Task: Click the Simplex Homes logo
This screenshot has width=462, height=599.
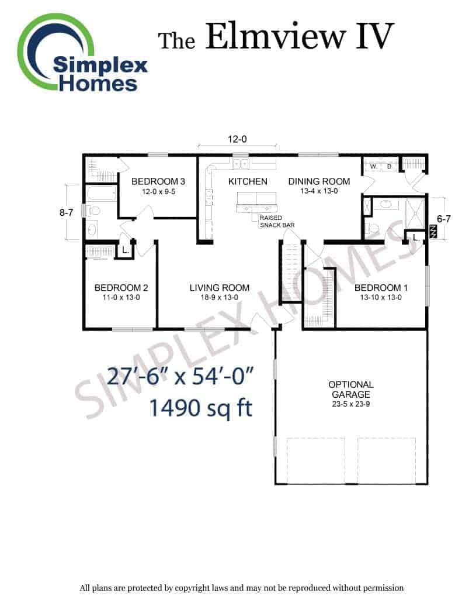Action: (x=82, y=53)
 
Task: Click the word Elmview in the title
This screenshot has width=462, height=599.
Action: (x=275, y=36)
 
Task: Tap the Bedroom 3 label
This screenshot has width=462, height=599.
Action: (x=158, y=181)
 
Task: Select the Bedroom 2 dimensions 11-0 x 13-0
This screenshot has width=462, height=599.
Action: (x=121, y=297)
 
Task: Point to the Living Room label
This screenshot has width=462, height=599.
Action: (x=220, y=288)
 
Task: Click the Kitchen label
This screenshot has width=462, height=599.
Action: (x=248, y=181)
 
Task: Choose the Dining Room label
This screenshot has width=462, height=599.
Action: (x=319, y=181)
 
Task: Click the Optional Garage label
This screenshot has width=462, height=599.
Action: (x=351, y=389)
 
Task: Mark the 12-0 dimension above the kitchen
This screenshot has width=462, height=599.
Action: (x=237, y=139)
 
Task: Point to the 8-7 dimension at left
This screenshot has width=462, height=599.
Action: (x=66, y=212)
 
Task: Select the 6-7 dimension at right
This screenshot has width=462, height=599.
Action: (x=443, y=219)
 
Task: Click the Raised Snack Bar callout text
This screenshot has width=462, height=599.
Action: (x=277, y=222)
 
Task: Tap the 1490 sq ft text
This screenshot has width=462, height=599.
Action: (x=201, y=408)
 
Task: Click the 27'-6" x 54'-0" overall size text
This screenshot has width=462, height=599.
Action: (x=180, y=376)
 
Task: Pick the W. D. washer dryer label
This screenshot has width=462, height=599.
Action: (x=381, y=167)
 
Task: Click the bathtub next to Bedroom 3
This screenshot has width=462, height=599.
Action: (x=101, y=193)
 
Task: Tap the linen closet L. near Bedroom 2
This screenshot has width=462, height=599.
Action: (x=126, y=250)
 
